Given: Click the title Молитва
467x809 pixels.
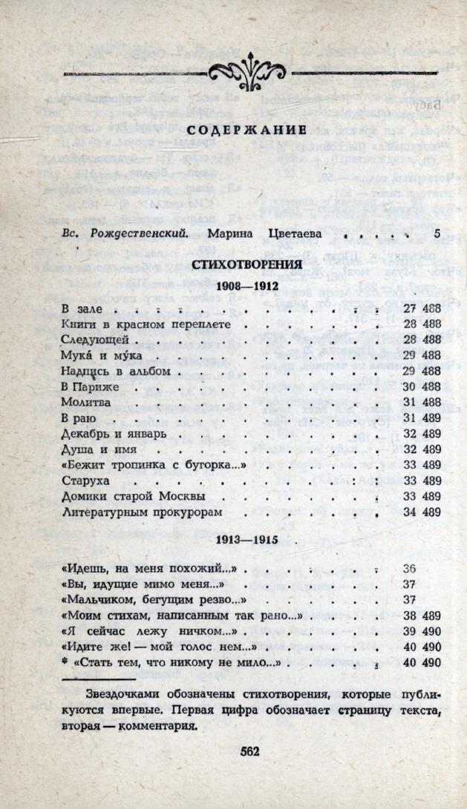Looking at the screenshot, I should [x=85, y=401].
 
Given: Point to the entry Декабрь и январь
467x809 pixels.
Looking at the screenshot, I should [x=114, y=432].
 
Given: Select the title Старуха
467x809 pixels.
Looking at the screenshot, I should [x=84, y=480].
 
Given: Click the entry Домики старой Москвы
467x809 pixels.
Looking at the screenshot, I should [x=132, y=495].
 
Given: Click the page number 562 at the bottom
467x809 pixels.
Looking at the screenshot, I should [x=249, y=750].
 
